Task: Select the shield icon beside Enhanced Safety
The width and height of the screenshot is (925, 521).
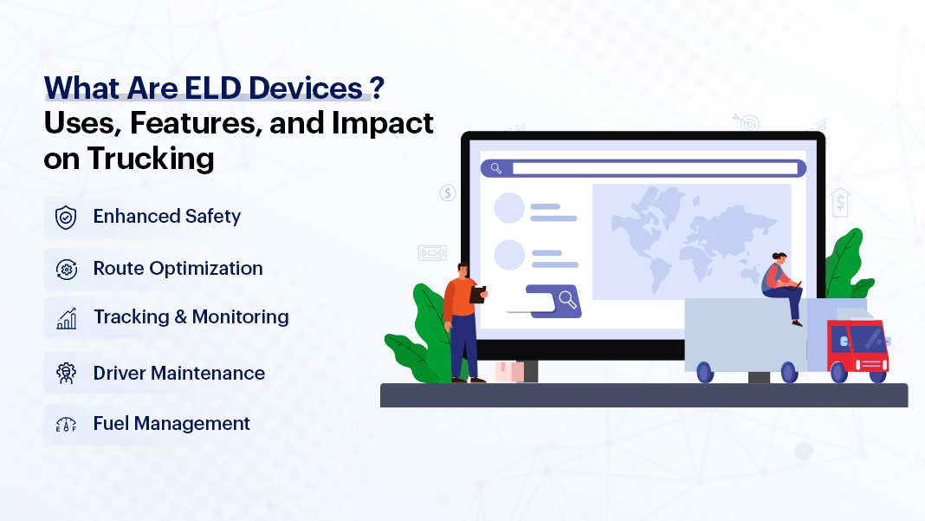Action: coord(66,217)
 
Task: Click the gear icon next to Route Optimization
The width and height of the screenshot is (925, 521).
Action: coord(66,269)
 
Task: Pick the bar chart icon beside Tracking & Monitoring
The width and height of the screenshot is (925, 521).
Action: coord(66,318)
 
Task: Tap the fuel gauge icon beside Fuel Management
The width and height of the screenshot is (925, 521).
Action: coord(66,424)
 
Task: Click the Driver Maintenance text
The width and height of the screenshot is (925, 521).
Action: coord(178,374)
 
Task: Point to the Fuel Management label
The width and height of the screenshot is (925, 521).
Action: coord(171,424)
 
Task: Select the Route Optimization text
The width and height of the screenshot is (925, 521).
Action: coord(178,269)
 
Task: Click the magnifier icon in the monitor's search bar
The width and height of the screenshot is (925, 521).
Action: coord(496,168)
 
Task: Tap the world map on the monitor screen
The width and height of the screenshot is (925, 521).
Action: coord(691,233)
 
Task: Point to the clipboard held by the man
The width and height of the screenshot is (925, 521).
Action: coord(477,294)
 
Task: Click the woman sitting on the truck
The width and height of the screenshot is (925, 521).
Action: coord(782,286)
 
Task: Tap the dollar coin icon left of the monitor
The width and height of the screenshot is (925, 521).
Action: coord(448,192)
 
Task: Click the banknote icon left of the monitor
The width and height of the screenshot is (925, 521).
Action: coord(432,252)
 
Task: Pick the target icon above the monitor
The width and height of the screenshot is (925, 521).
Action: coord(747,122)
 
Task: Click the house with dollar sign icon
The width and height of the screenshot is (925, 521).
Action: coord(839,203)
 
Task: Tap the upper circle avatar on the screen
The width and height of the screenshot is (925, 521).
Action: coord(509,208)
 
